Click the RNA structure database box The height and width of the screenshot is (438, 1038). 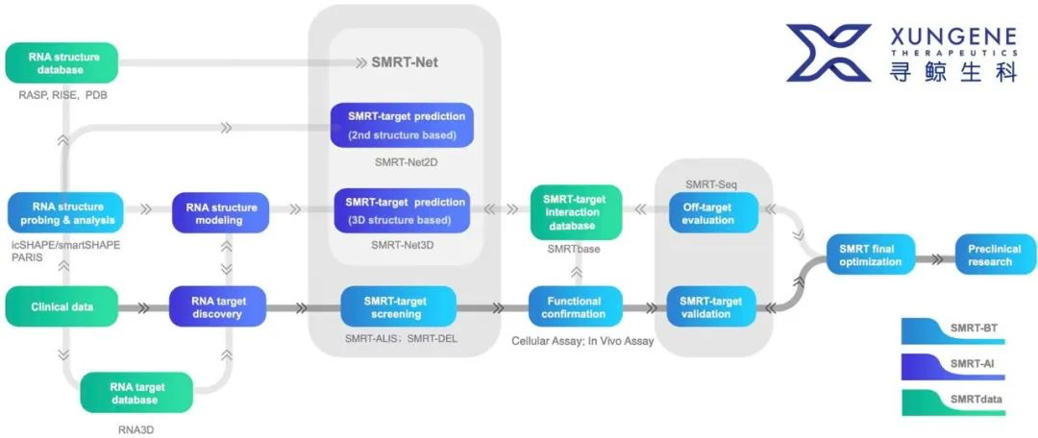click(x=62, y=62)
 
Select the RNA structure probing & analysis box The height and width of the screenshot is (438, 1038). click(x=65, y=212)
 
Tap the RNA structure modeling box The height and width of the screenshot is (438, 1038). click(x=220, y=212)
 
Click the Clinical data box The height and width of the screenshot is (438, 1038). click(x=62, y=307)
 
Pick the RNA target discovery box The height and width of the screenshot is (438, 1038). click(x=217, y=307)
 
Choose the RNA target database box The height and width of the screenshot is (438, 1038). click(x=136, y=392)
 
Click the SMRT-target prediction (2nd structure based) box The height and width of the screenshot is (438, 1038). click(x=403, y=125)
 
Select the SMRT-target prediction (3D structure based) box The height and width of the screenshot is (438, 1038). click(x=402, y=210)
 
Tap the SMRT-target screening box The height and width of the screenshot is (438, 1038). click(x=399, y=306)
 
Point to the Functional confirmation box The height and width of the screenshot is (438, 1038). click(x=576, y=307)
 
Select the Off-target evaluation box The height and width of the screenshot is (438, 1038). click(x=713, y=212)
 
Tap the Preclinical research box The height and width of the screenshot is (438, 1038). click(x=995, y=255)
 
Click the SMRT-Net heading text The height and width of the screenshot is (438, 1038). click(x=405, y=62)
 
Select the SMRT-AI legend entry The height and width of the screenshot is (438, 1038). click(x=953, y=368)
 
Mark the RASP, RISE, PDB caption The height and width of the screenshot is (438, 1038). click(x=62, y=95)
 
